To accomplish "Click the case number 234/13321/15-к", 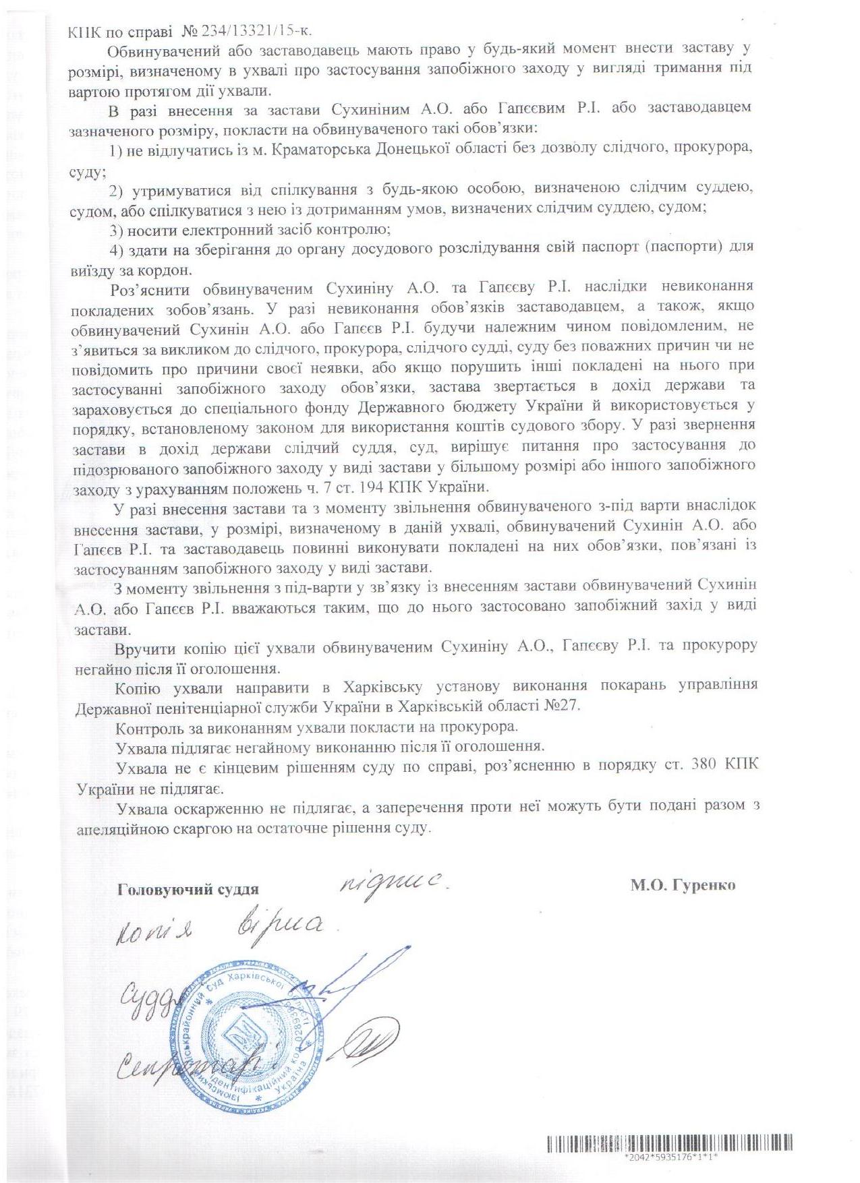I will pos(210,30).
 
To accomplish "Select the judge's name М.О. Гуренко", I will pos(683,884).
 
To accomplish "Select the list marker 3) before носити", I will pos(116,229).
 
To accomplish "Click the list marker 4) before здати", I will pos(116,249).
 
